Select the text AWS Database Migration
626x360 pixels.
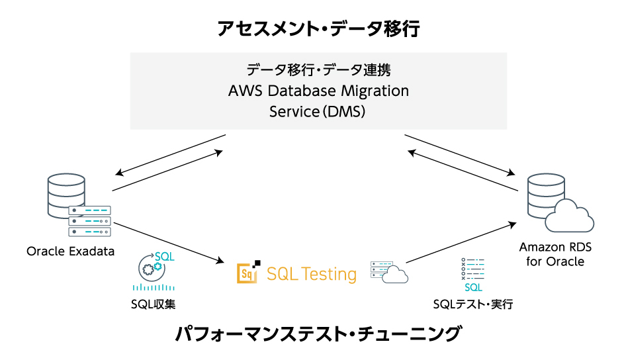[318, 90]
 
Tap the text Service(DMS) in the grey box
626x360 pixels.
[318, 111]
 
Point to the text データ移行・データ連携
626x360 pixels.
[318, 69]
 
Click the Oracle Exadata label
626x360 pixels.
[71, 251]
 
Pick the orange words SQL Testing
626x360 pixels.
[312, 273]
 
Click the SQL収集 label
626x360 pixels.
[153, 304]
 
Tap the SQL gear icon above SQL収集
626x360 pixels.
[154, 267]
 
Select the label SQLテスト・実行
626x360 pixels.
[473, 304]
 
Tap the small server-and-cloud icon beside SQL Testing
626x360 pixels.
[389, 272]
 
